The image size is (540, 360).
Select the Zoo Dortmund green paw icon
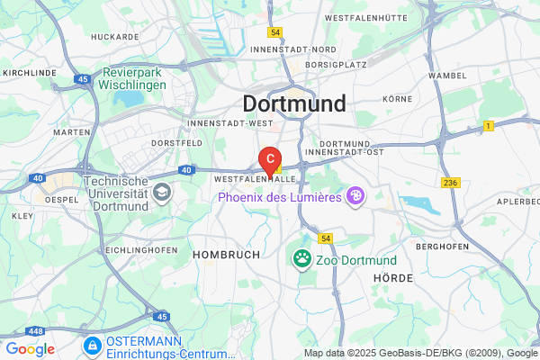pyautogui.click(x=301, y=259)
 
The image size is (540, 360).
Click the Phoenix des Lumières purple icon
pyautogui.click(x=357, y=195)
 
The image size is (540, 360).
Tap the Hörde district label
pyautogui.click(x=392, y=279)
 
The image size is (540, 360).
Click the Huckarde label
pyautogui.click(x=115, y=37)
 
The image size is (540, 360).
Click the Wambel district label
pyautogui.click(x=448, y=75)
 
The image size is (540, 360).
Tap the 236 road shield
pyautogui.click(x=451, y=183)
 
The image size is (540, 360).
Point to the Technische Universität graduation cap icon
pyautogui.click(x=161, y=191)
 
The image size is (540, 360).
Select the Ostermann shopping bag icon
pyautogui.click(x=92, y=345)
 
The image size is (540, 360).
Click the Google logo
pyautogui.click(x=30, y=349)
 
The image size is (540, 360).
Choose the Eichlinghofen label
pyautogui.click(x=132, y=248)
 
